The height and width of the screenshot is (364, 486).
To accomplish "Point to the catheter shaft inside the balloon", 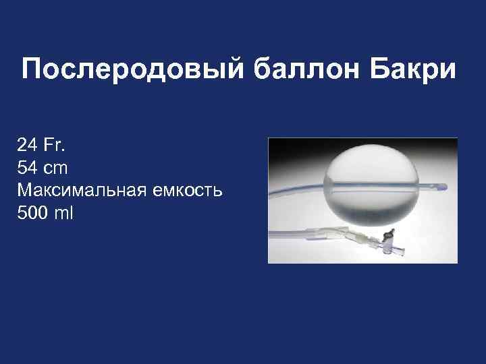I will (x=368, y=183).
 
